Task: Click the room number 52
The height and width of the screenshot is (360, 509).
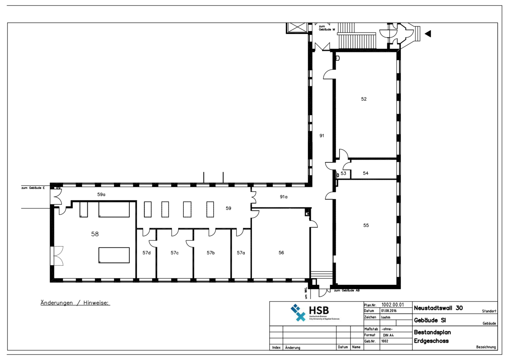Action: point(364,99)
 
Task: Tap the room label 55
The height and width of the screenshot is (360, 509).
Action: point(366,225)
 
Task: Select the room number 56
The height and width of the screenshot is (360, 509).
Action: point(281,252)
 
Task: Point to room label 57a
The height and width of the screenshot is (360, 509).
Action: point(241,252)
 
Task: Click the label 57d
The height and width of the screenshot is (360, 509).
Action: point(146,252)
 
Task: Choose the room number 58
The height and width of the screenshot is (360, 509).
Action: point(95,234)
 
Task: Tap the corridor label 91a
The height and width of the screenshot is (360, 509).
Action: point(283,197)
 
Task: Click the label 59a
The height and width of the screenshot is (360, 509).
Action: point(101,194)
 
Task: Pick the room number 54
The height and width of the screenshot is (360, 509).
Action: point(365,173)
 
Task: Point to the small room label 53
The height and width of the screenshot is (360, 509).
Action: point(343,173)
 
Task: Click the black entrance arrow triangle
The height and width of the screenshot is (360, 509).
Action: point(428,34)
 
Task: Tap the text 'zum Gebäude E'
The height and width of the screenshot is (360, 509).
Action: point(33,188)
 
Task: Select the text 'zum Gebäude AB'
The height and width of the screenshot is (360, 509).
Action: point(347,290)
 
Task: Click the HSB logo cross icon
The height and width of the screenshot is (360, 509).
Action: point(298,313)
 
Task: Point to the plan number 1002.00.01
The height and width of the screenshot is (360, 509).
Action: point(393,305)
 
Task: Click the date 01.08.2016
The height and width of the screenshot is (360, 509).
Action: point(389,311)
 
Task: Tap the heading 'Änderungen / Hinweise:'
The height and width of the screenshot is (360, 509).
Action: point(75,303)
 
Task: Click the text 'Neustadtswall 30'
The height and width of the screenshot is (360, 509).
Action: point(438,308)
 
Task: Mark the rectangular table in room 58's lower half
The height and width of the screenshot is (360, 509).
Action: point(114,255)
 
